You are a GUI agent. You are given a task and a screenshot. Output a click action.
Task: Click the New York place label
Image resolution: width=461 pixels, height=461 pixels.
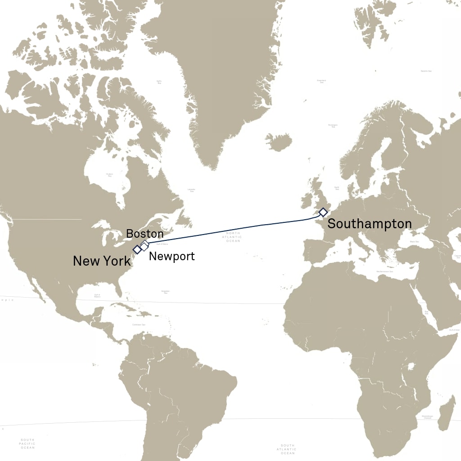coord(102,261)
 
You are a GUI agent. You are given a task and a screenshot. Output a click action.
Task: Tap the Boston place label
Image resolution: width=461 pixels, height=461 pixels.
coord(145,234)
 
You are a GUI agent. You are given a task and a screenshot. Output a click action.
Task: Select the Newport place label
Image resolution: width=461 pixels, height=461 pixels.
coord(172,257)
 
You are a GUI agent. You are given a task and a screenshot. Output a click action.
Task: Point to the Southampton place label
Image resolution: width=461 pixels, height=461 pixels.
coord(369,224)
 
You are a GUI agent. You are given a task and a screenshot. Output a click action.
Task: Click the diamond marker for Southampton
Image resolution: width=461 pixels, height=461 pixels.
coord(323,212)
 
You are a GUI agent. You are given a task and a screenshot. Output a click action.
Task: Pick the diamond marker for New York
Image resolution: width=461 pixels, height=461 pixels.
coord(137,249)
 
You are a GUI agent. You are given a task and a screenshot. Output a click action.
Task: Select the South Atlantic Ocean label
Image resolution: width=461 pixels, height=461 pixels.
coord(287,449)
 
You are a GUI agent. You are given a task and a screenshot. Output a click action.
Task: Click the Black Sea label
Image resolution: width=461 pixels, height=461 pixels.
coord(402,242)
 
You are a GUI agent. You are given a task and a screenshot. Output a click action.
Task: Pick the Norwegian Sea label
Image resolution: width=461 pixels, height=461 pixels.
coord(333,126)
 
